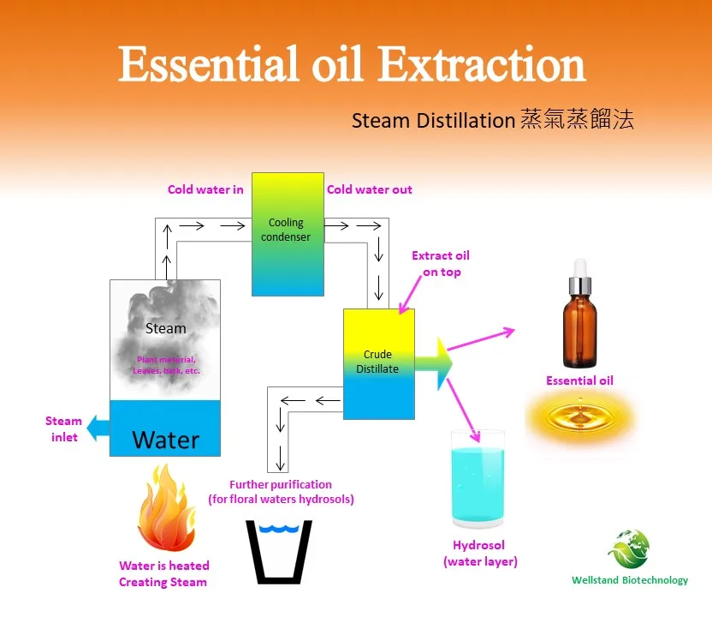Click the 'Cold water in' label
(205, 189)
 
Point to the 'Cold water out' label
(370, 189)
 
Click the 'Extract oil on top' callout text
(441, 264)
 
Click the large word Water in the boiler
(166, 440)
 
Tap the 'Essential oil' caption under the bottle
(579, 380)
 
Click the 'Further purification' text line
(281, 485)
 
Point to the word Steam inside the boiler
(165, 328)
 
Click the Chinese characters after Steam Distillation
(576, 121)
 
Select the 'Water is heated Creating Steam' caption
(163, 574)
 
